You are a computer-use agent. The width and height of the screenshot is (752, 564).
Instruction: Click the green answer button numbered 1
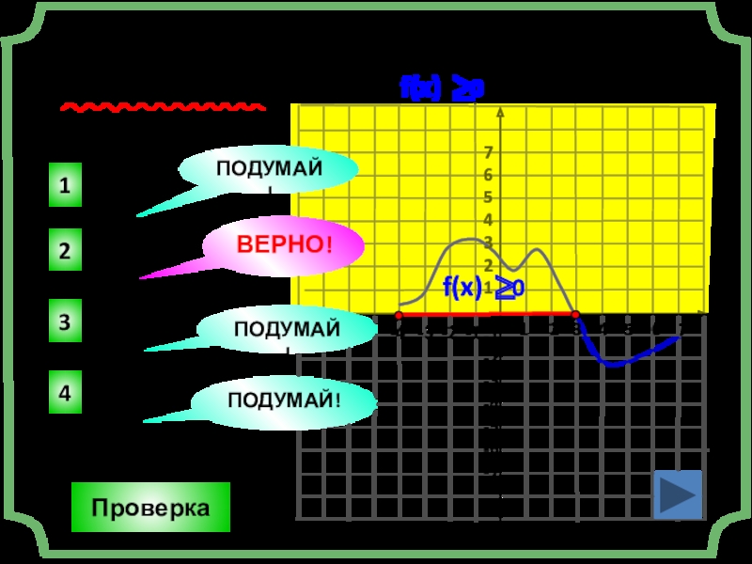pos(64,185)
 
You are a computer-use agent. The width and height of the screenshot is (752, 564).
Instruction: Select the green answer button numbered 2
pos(64,252)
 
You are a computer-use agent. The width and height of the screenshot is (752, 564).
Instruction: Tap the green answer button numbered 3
pos(64,322)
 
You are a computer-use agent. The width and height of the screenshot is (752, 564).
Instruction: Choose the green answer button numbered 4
pos(64,393)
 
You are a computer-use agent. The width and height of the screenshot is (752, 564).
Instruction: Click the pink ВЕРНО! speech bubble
pos(283,246)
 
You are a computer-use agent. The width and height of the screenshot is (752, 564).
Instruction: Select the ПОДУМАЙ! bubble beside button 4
pos(283,402)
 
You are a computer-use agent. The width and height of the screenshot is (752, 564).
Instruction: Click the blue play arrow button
pos(678,493)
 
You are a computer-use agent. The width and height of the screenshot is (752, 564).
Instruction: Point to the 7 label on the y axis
pos(489,152)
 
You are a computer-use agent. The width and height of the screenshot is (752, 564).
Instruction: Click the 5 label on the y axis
pos(489,197)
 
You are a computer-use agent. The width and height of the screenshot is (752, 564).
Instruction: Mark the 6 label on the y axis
pos(489,175)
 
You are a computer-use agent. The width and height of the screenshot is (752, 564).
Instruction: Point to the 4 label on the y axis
pos(489,220)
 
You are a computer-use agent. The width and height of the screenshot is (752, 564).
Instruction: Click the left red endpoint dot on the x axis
pos(399,315)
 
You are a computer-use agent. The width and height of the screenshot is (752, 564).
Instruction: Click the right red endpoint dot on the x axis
pos(575,315)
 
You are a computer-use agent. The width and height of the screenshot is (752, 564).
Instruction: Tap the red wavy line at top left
pos(163,108)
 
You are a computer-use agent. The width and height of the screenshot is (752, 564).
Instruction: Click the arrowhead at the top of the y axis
pos(500,114)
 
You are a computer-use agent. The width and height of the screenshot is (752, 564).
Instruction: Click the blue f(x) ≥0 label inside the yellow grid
pos(482,288)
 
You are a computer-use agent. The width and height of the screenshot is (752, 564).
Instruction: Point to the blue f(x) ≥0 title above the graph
pos(442,89)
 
